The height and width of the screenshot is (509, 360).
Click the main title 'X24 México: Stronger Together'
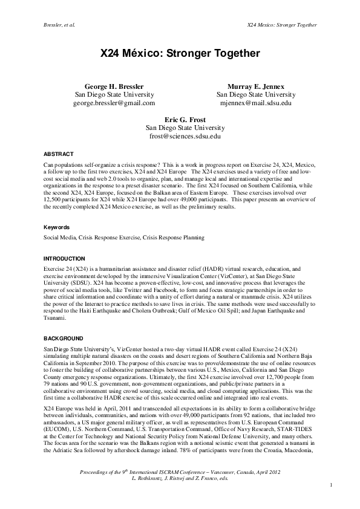click(180, 54)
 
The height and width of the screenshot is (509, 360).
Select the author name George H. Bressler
click(114, 86)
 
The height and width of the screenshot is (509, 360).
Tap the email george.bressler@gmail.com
click(114, 103)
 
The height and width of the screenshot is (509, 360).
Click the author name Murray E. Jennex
click(256, 86)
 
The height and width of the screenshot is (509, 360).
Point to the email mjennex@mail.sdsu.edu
click(256, 103)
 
